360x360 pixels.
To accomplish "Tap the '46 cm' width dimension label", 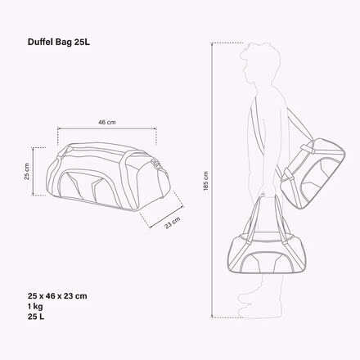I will (x=106, y=122).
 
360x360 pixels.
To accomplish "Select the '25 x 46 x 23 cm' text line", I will (x=57, y=295).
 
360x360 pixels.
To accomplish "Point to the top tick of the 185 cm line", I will (x=215, y=43).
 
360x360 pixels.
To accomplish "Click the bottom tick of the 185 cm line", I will (x=215, y=316).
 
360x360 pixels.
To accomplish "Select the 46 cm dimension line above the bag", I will (x=106, y=129).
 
